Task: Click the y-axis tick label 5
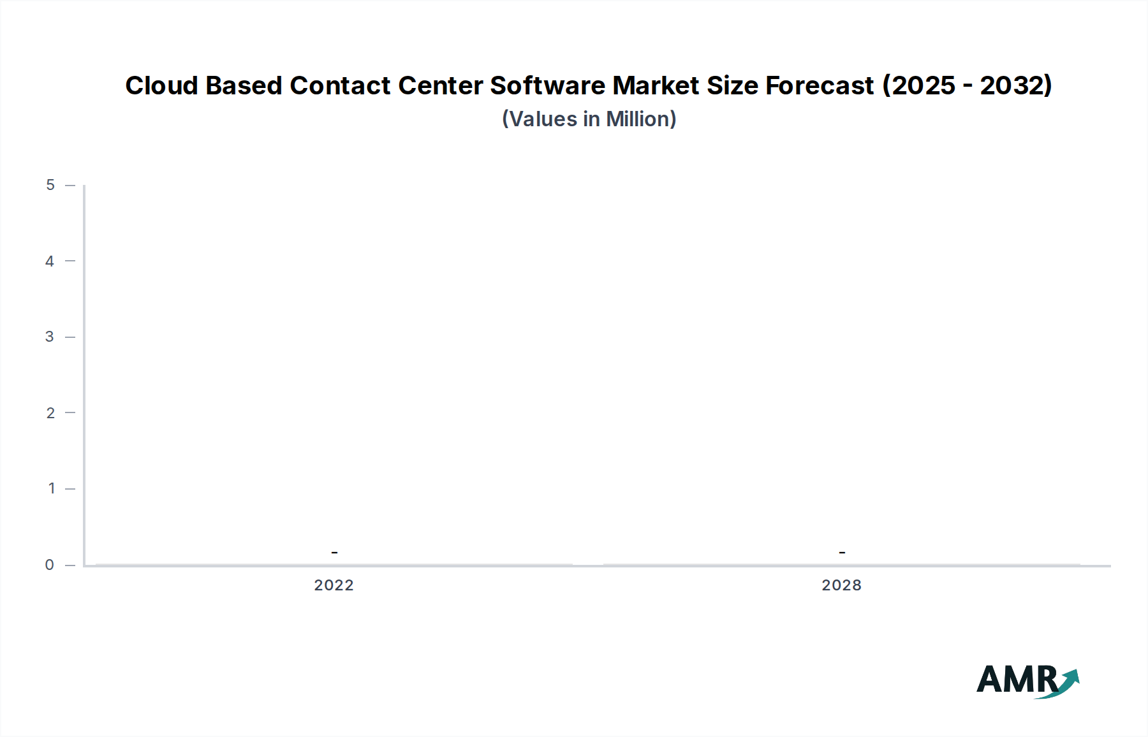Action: point(50,186)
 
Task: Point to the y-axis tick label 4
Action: point(50,261)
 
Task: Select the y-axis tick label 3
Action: point(50,337)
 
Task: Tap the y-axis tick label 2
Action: point(50,413)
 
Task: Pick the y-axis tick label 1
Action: point(51,489)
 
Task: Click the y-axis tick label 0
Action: point(50,565)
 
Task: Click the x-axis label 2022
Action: point(334,585)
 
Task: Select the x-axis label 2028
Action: point(841,585)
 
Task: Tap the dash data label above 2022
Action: point(334,552)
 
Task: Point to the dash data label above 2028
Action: point(842,552)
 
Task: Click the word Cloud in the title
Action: point(161,85)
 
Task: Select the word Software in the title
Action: point(547,85)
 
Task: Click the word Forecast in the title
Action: point(820,85)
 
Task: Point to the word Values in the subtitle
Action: point(543,119)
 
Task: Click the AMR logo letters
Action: point(1015,680)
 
